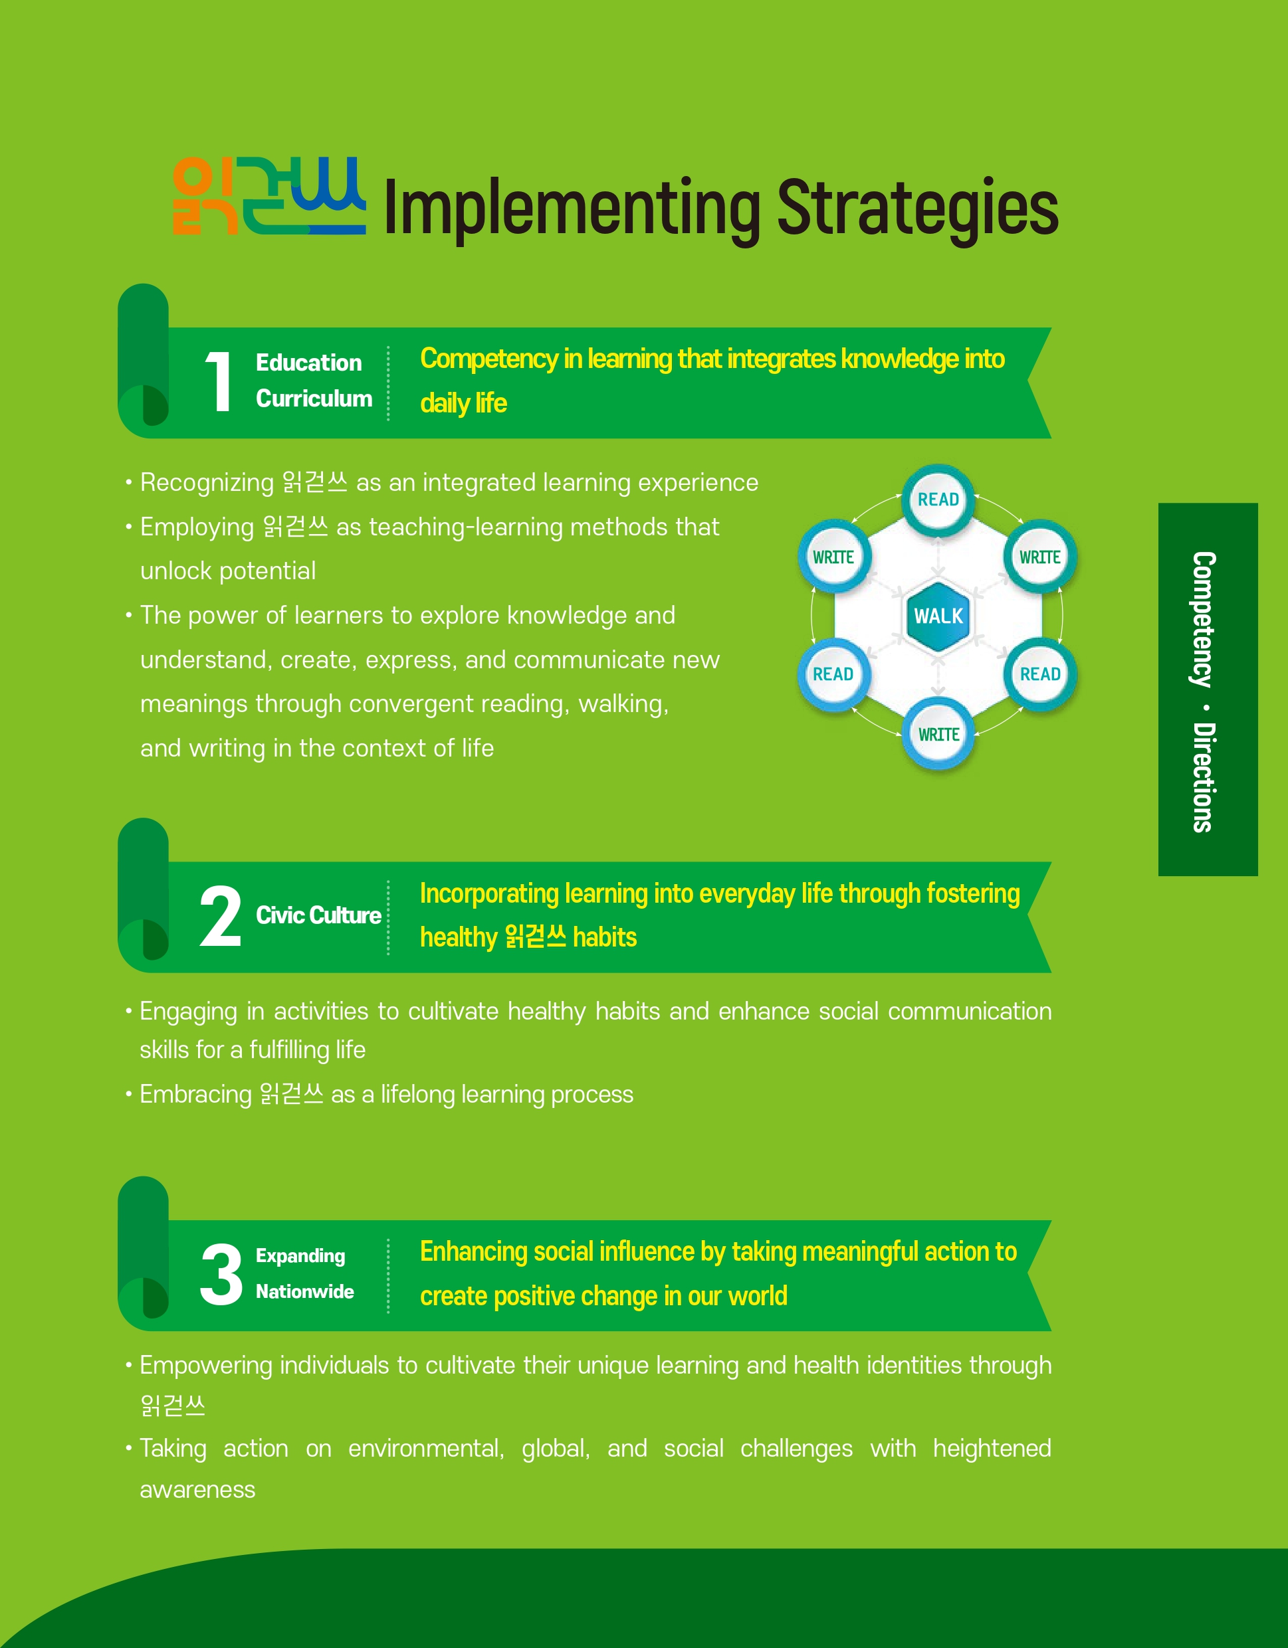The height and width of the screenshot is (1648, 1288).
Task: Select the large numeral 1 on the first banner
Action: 218,382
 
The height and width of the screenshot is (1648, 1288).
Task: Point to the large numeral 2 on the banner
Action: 221,916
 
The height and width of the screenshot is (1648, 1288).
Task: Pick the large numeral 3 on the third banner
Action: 221,1274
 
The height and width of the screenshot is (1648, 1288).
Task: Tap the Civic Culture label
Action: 318,915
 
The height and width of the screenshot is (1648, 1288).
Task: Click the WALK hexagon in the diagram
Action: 938,616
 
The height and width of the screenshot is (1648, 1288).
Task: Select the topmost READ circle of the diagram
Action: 938,500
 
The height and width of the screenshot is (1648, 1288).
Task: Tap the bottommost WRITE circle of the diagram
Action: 938,734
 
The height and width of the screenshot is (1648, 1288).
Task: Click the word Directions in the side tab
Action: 1203,777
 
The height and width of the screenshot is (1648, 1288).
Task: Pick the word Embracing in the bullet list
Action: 195,1095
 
